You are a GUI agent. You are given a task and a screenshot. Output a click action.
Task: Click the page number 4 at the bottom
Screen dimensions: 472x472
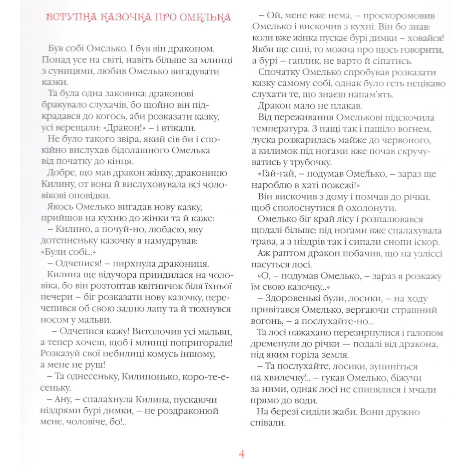pyautogui.click(x=242, y=454)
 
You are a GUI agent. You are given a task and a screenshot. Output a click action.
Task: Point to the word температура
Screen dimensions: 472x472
pyautogui.click(x=280, y=129)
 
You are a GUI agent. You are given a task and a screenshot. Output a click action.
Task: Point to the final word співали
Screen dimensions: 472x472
pyautogui.click(x=268, y=423)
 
